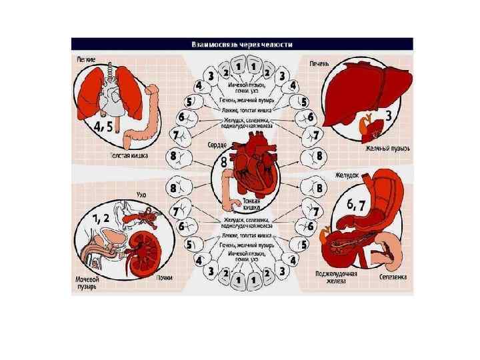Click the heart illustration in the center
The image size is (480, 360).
pyautogui.click(x=251, y=167)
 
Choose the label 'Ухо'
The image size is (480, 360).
pyautogui.click(x=140, y=194)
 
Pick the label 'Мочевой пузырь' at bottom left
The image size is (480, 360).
pyautogui.click(x=89, y=283)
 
